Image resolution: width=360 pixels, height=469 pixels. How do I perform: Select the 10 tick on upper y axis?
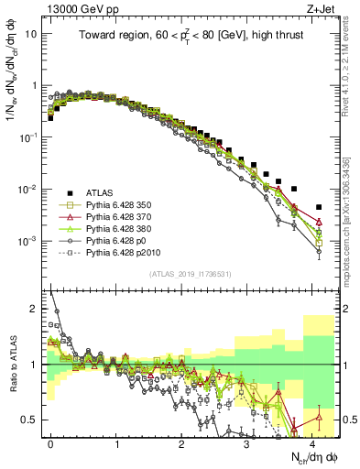(35, 33)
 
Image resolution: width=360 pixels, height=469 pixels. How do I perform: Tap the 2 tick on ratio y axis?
(38, 309)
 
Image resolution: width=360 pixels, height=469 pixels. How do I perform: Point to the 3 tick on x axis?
(247, 443)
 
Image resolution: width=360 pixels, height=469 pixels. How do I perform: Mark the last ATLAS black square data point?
(319, 207)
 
